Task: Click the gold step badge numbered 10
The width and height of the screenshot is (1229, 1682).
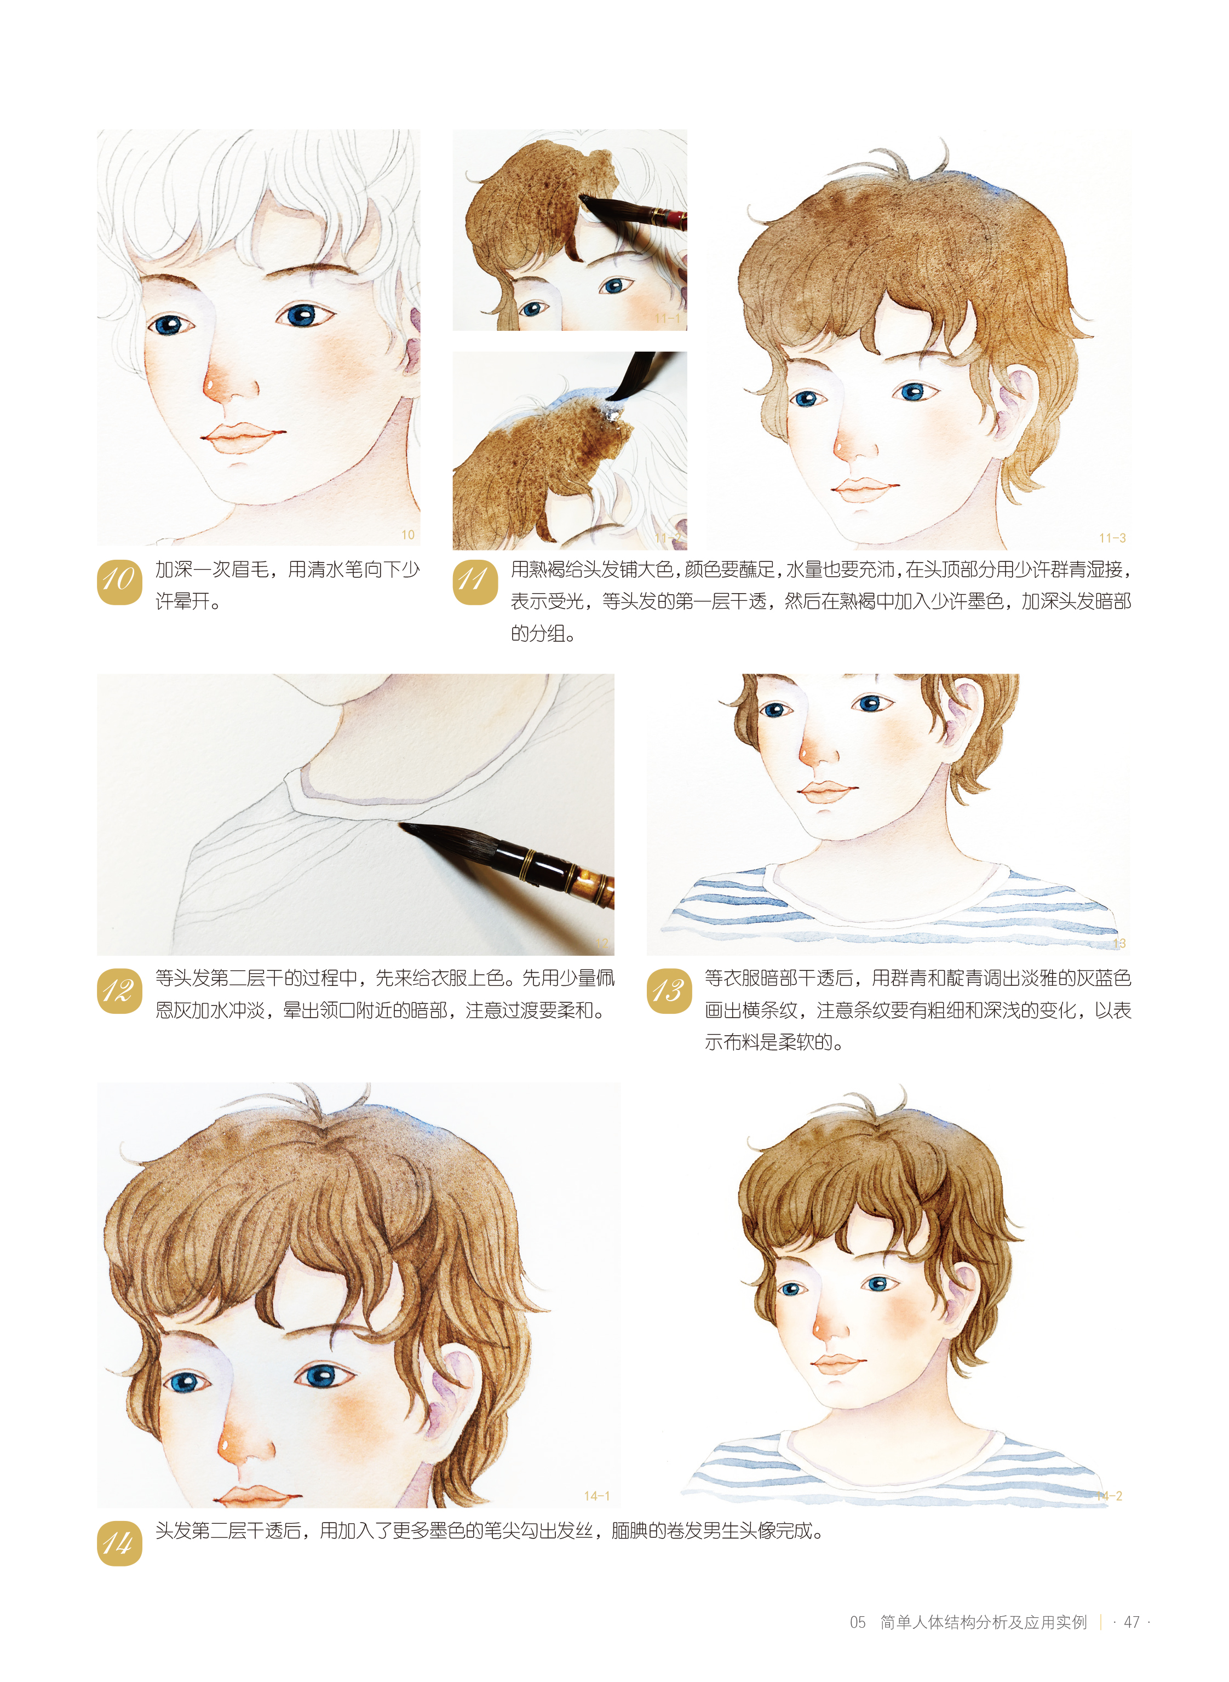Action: pyautogui.click(x=119, y=582)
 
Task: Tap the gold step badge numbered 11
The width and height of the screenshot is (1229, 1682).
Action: pyautogui.click(x=475, y=582)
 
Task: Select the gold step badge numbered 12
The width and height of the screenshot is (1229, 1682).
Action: pyautogui.click(x=119, y=991)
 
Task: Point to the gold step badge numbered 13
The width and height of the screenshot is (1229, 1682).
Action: pyautogui.click(x=669, y=991)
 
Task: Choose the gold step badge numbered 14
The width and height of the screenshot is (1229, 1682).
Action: pyautogui.click(x=119, y=1543)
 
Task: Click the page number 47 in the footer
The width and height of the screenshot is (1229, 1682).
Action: pyautogui.click(x=1131, y=1622)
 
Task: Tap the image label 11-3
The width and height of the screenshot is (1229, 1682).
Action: pyautogui.click(x=1112, y=538)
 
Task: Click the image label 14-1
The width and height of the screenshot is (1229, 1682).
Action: pyautogui.click(x=596, y=1496)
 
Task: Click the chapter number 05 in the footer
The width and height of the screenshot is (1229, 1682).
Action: pyautogui.click(x=858, y=1622)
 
